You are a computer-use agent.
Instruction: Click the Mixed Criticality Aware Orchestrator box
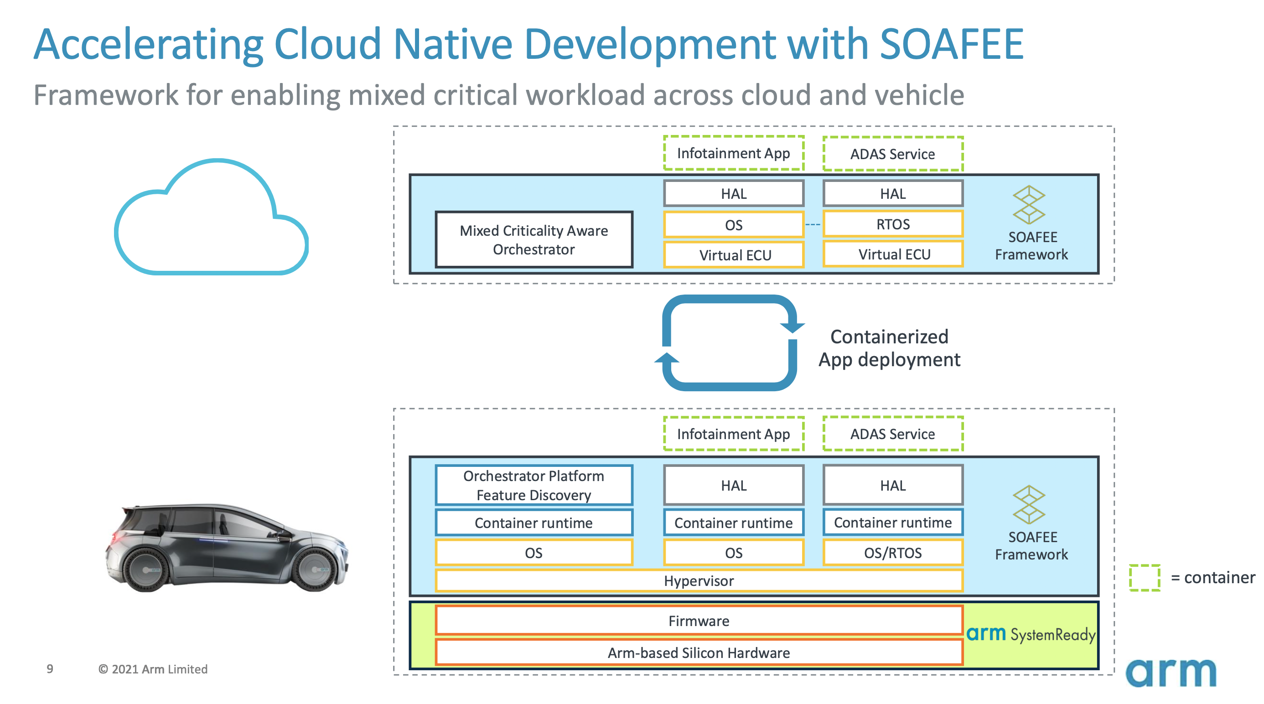(x=534, y=239)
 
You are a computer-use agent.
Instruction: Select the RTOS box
(x=893, y=224)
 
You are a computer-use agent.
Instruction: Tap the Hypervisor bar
(x=699, y=581)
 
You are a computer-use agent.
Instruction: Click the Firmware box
(x=699, y=621)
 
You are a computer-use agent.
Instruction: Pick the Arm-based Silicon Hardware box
(x=699, y=652)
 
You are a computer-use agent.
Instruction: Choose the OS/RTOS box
(x=893, y=553)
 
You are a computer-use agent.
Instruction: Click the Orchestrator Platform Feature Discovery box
(x=534, y=485)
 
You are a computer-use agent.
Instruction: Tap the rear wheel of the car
(x=147, y=569)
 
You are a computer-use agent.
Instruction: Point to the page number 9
(x=50, y=669)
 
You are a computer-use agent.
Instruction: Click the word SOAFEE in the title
(x=952, y=44)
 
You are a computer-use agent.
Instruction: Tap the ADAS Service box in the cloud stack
(x=893, y=154)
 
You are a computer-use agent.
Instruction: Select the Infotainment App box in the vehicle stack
(x=734, y=434)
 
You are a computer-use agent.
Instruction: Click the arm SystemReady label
(x=1031, y=634)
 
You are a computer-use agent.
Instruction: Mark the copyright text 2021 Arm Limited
(x=153, y=669)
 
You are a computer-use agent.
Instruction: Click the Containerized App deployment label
(x=889, y=348)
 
